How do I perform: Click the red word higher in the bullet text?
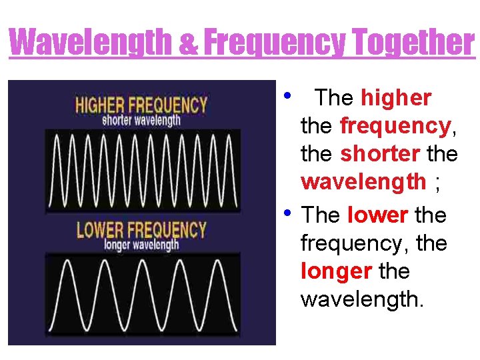396,98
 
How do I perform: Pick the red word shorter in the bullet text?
379,153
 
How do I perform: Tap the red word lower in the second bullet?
377,215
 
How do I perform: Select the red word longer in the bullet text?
337,271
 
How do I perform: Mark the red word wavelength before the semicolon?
363,181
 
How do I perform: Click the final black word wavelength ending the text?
362,299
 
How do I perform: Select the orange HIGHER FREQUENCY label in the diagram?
141,105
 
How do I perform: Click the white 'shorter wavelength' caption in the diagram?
141,121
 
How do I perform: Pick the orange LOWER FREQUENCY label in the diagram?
141,230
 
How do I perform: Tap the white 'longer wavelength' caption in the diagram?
141,245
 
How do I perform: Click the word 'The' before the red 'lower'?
321,215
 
